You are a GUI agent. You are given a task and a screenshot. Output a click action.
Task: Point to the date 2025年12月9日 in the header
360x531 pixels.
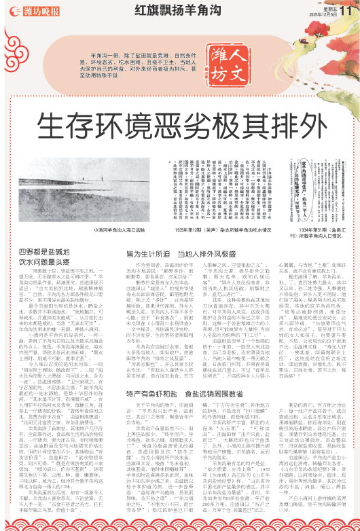[320, 14]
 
